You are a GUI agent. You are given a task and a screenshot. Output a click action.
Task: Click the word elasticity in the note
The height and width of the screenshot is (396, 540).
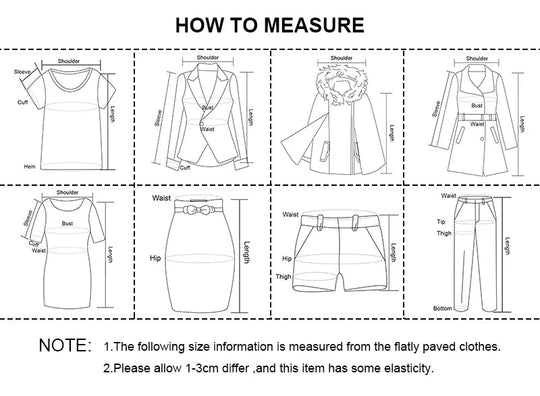(x=404, y=368)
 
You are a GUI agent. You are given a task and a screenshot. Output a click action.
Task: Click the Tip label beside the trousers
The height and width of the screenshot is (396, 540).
(x=441, y=222)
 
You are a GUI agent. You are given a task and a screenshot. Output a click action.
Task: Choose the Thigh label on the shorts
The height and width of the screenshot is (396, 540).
(x=284, y=276)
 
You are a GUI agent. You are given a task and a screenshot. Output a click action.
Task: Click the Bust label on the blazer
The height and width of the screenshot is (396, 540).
(x=208, y=107)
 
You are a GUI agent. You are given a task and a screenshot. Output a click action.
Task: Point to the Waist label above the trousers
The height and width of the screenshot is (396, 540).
(x=448, y=197)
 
